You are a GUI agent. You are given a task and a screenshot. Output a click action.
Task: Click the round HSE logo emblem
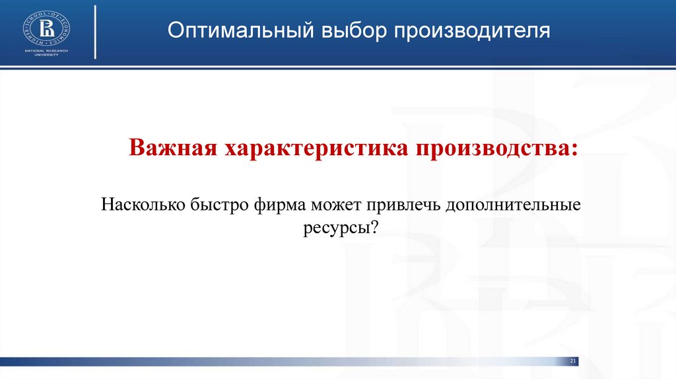point(47,27)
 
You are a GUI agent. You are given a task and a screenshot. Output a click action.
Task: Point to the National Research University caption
point(47,53)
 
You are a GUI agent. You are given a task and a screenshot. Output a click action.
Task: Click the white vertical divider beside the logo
point(96,31)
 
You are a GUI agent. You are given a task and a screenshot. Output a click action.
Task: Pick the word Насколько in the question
point(141,204)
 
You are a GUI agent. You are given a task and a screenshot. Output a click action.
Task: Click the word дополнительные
point(513,204)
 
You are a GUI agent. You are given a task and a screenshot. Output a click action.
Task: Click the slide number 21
point(573,361)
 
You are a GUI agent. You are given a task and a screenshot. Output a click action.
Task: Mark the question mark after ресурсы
point(374,228)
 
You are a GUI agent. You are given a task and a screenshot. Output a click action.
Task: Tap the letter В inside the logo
point(47,28)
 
